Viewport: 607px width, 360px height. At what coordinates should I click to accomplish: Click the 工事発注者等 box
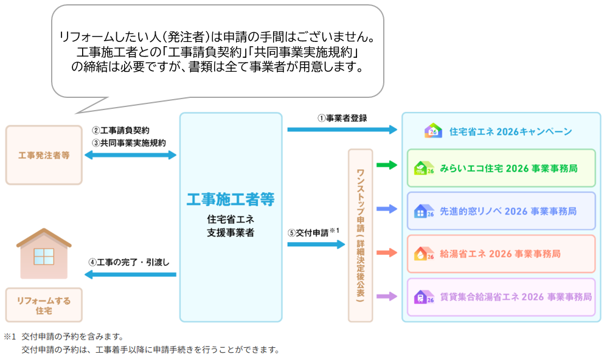click(x=44, y=155)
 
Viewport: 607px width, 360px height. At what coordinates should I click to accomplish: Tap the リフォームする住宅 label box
click(x=44, y=305)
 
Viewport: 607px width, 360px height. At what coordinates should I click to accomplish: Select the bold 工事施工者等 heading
click(x=231, y=199)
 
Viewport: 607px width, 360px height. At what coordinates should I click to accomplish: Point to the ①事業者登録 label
click(x=342, y=118)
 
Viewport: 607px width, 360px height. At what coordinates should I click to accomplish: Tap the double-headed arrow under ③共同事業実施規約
click(x=130, y=156)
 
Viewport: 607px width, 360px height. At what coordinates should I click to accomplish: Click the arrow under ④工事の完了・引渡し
click(x=130, y=275)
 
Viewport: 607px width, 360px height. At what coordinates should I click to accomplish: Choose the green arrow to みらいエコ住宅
click(x=387, y=165)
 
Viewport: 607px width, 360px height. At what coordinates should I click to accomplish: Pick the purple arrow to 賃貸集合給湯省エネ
click(x=387, y=296)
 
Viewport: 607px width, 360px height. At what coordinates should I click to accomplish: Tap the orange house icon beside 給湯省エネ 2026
click(x=421, y=254)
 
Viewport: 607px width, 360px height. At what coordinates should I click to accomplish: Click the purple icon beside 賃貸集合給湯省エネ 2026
click(x=421, y=297)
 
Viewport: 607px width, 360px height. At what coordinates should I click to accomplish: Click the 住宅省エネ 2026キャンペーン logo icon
click(x=432, y=131)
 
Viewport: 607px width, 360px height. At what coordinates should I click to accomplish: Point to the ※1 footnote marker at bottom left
click(x=9, y=336)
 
